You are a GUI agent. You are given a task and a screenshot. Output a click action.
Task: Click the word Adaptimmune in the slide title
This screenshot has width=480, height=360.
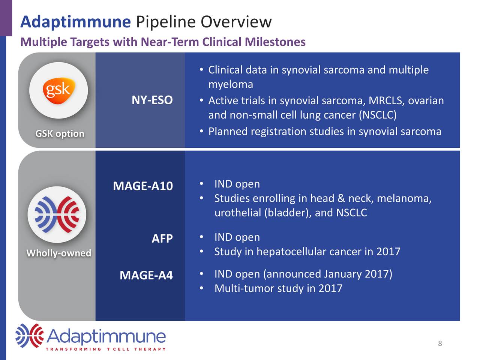coord(75,22)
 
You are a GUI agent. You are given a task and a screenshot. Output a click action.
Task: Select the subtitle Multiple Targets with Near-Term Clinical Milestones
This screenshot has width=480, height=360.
coord(163,42)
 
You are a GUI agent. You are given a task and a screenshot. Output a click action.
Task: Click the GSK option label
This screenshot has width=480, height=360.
coord(60,133)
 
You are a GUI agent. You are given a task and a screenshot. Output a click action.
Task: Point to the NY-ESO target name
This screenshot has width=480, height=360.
coord(152,100)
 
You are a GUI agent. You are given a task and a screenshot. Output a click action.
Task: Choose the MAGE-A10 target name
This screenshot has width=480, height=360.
coord(143,186)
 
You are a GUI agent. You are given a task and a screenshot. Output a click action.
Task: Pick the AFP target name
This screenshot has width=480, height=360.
coord(162,238)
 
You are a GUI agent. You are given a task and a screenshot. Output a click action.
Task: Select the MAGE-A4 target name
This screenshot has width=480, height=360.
coord(146,276)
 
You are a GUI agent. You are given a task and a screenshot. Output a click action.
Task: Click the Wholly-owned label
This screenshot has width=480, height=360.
coord(58,253)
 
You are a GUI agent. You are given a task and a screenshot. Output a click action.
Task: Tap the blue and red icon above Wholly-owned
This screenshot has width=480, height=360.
coord(57,214)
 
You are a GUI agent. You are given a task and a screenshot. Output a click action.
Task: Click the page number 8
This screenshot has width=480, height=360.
coord(440,343)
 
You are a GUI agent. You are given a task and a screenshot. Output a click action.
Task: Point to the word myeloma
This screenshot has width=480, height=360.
coord(231,84)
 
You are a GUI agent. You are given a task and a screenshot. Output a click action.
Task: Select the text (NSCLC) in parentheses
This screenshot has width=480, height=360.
coord(377,115)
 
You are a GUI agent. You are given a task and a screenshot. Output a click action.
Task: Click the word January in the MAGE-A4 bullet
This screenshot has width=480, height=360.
coord(343,274)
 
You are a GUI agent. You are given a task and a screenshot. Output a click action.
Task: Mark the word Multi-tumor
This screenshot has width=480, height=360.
coord(244,288)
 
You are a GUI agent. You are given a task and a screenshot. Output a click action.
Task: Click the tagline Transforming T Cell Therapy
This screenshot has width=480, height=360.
coord(106,349)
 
